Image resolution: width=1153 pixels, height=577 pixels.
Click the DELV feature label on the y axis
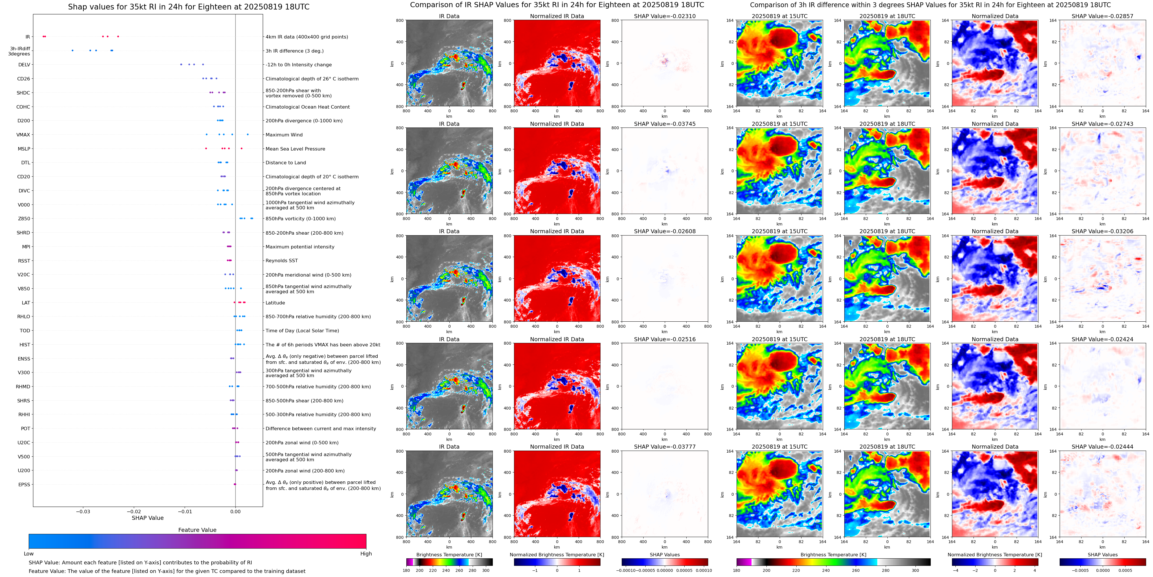(x=24, y=65)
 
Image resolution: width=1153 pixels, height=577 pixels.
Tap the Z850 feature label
(x=24, y=219)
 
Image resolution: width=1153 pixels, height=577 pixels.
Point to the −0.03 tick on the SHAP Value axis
(x=83, y=512)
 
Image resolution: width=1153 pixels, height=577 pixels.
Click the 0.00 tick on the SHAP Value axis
(x=235, y=512)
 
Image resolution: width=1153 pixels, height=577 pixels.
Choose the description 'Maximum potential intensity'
(x=300, y=247)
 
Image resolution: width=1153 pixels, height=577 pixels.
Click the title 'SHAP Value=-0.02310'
(x=665, y=16)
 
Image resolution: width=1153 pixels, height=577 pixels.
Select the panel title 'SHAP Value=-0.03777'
(x=665, y=447)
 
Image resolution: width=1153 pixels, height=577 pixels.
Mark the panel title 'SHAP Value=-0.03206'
(x=1102, y=231)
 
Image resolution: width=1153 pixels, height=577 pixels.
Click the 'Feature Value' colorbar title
(x=197, y=530)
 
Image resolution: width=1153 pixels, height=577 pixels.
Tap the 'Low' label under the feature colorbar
(x=29, y=554)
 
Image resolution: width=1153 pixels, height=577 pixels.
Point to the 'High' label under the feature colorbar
(x=366, y=554)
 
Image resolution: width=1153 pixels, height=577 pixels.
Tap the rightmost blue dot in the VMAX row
(x=248, y=134)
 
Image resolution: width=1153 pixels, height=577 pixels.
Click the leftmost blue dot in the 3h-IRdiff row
(x=72, y=51)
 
